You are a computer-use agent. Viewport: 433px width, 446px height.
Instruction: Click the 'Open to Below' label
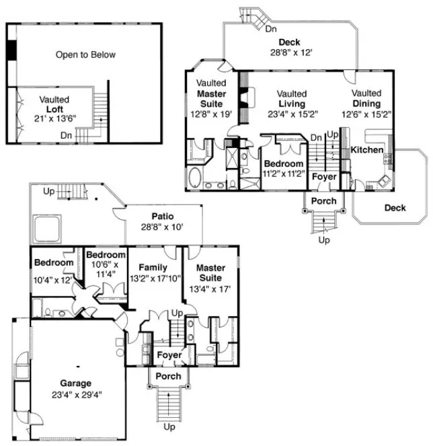tap(85, 54)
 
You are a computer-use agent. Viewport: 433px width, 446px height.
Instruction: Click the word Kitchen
tap(367, 150)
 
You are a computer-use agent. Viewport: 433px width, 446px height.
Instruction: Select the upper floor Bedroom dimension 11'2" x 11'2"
tap(284, 174)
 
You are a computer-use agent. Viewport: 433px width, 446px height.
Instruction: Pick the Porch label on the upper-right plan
tap(324, 201)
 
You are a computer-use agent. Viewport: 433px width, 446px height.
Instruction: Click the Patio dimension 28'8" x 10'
tap(162, 227)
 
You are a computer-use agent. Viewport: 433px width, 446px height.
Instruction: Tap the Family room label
tap(155, 267)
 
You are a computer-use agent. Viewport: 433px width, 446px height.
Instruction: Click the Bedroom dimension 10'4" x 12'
tap(53, 279)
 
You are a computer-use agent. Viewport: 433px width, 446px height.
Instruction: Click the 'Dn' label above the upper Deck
tap(270, 29)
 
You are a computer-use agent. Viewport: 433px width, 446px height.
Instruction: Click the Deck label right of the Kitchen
tap(395, 208)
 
